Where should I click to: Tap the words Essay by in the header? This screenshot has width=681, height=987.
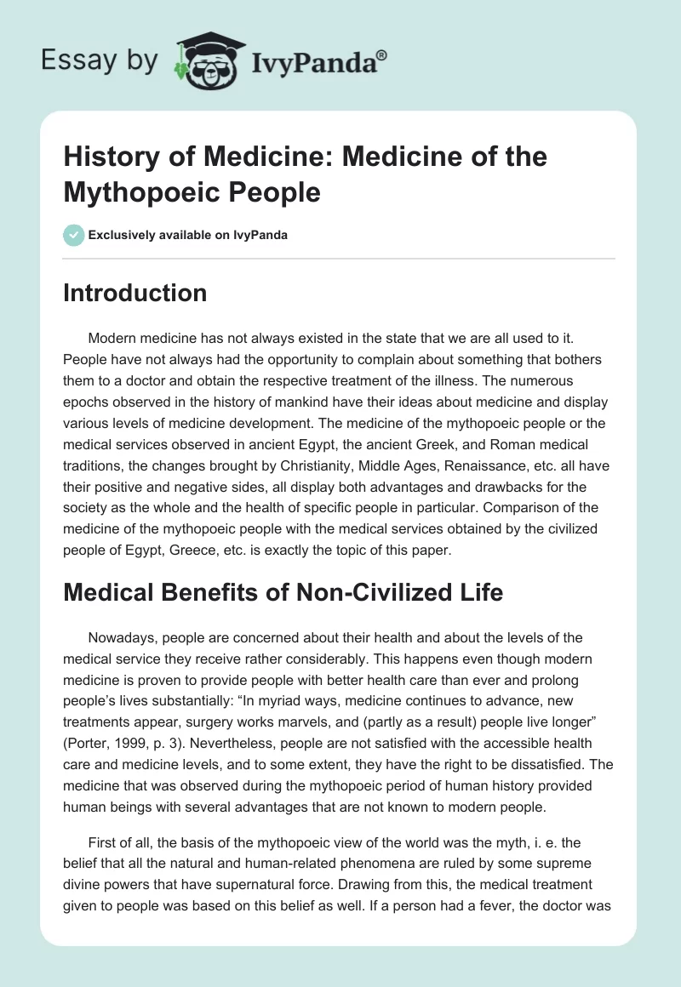[x=99, y=61]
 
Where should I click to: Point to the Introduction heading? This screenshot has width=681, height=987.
[x=134, y=293]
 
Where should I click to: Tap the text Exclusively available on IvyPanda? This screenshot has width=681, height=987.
[x=188, y=236]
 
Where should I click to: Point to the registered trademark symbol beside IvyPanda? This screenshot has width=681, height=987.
[x=382, y=54]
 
